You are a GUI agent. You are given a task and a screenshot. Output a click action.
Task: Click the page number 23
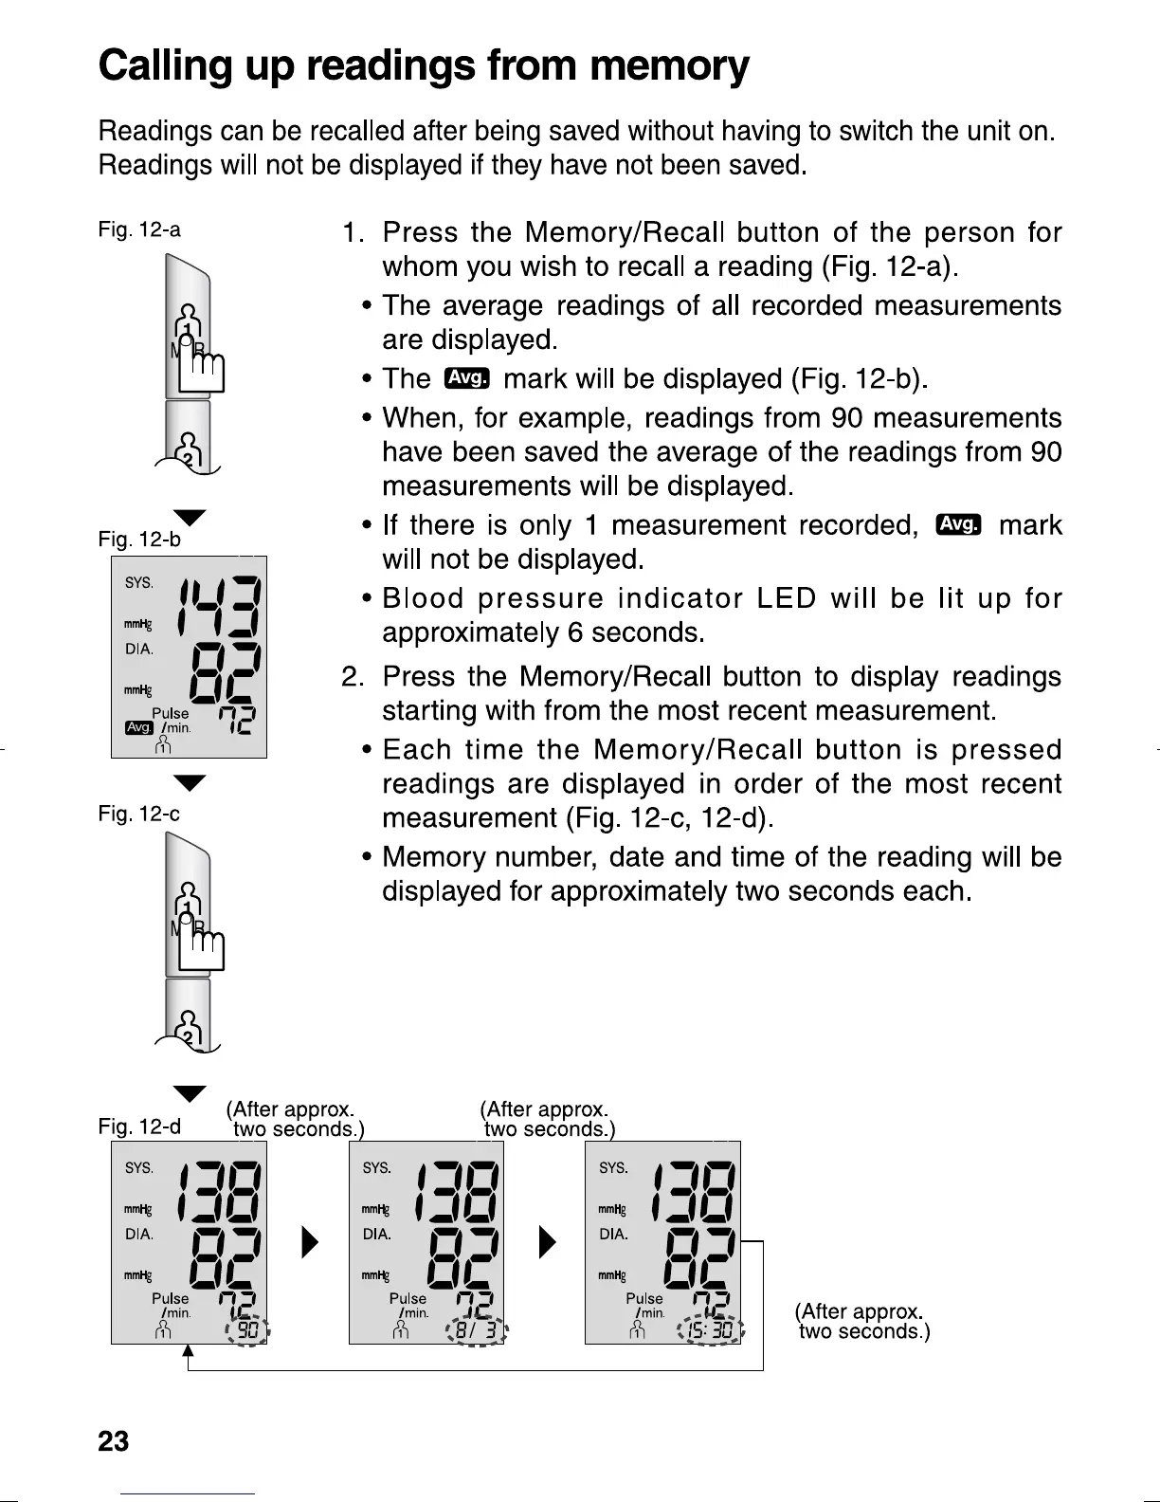click(114, 1441)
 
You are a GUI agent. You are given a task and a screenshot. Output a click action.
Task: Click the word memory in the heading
click(669, 66)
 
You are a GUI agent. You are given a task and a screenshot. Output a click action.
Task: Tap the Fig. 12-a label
click(139, 229)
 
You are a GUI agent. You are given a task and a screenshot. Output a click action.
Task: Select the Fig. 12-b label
click(139, 540)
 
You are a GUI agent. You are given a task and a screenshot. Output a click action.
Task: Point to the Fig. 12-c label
click(139, 814)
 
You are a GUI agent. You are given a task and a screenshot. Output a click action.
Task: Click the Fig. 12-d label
click(139, 1126)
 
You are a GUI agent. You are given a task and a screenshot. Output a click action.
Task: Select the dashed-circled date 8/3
click(478, 1331)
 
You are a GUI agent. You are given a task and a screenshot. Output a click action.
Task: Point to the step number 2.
click(353, 677)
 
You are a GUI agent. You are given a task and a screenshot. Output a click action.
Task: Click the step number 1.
click(353, 233)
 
